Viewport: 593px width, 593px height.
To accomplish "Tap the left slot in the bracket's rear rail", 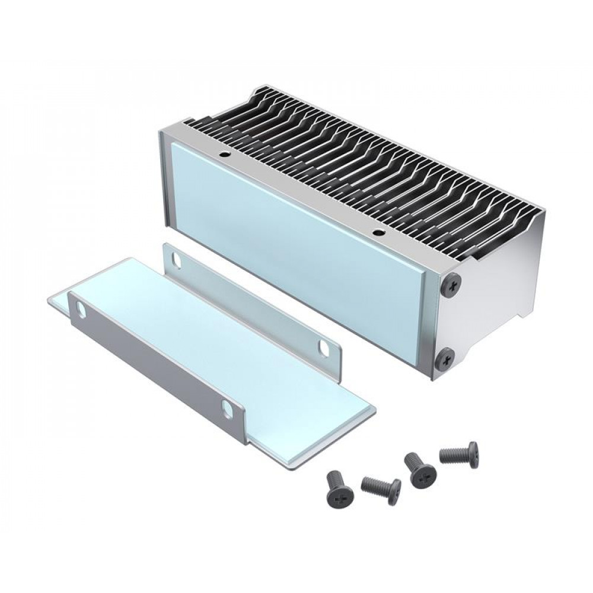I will click(177, 259).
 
